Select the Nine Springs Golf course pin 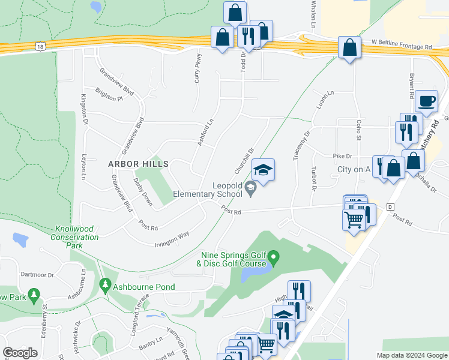point(274,259)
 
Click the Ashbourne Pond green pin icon point(106,284)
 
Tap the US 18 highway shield point(40,46)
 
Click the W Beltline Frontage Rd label point(402,46)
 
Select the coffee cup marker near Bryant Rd point(426,101)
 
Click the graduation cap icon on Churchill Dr point(263,170)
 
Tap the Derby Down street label point(143,192)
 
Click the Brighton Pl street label point(111,98)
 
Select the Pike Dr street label point(342,156)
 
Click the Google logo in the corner point(20,353)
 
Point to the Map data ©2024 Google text point(411,355)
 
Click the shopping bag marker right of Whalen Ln point(349,48)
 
